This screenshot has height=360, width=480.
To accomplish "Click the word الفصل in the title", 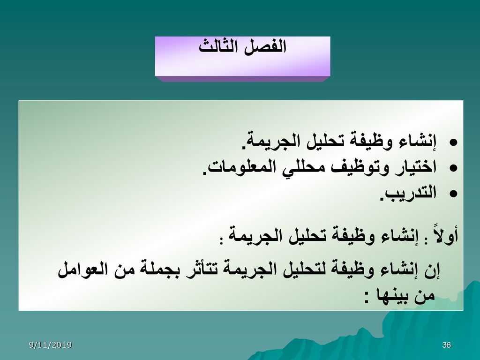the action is pyautogui.click(x=265, y=47).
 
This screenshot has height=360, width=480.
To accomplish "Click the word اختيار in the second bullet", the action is pyautogui.click(x=414, y=167).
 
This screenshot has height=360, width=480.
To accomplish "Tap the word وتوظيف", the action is pyautogui.click(x=358, y=167).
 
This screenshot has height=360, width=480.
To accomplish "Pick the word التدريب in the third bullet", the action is pyautogui.click(x=408, y=194).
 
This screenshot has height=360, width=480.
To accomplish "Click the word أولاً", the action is pyautogui.click(x=445, y=234).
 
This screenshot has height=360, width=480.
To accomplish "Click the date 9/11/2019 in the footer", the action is pyautogui.click(x=50, y=345).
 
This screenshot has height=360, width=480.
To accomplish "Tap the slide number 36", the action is pyautogui.click(x=447, y=345).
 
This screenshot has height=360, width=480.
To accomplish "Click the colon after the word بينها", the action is pyautogui.click(x=367, y=298).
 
